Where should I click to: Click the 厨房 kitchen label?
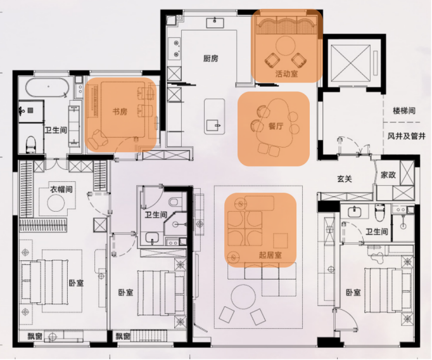click(x=211, y=58)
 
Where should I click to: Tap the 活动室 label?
click(x=286, y=74)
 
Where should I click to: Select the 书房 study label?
click(x=120, y=112)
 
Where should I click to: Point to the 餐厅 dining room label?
click(x=276, y=126)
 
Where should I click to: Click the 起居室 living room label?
click(x=270, y=255)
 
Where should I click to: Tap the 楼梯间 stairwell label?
click(x=404, y=111)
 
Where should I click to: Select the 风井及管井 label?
click(x=407, y=136)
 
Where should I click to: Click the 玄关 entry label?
click(x=345, y=179)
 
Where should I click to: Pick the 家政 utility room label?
click(x=388, y=175)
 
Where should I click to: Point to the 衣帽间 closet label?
click(x=61, y=190)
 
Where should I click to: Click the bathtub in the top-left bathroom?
click(x=47, y=87)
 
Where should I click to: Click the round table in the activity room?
click(x=286, y=46)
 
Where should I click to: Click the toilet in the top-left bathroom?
click(x=31, y=144)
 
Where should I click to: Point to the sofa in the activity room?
click(x=286, y=25)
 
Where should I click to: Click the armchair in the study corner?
click(x=98, y=139)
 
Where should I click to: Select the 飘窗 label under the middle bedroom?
click(x=123, y=336)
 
